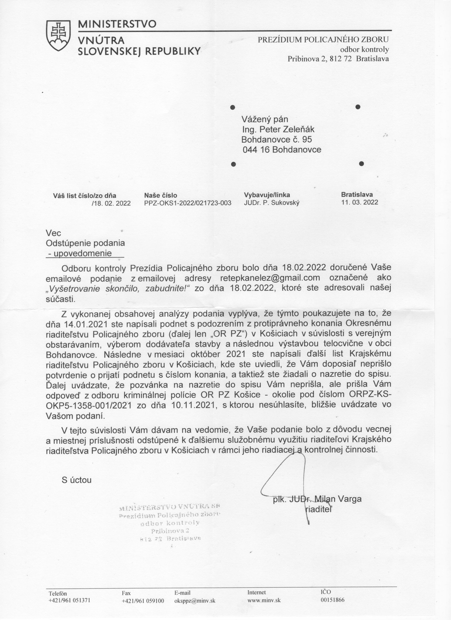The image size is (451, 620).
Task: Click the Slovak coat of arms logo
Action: [58, 35]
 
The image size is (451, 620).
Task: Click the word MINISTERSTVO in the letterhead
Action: [117, 24]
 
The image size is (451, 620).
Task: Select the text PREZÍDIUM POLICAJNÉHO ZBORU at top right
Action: [323, 40]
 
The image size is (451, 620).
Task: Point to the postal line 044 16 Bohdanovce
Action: [282, 150]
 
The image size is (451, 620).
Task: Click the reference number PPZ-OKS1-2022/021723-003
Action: [188, 203]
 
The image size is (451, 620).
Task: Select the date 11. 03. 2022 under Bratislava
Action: [360, 202]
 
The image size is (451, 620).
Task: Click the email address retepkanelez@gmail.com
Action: [270, 278]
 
